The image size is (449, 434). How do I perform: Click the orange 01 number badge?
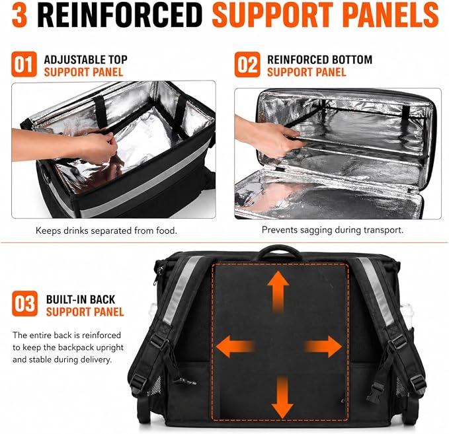[x=24, y=64]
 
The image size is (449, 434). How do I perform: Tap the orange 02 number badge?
[x=247, y=65]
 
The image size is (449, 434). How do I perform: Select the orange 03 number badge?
[x=24, y=304]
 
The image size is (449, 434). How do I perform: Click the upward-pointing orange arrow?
[x=278, y=292]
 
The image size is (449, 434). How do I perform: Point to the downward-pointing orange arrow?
[x=282, y=398]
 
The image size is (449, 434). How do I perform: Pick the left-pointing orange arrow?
[x=235, y=346]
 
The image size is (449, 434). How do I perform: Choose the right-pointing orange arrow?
[x=323, y=346]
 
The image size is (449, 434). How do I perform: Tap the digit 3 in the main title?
[x=19, y=15]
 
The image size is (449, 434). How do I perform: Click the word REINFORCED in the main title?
[x=120, y=15]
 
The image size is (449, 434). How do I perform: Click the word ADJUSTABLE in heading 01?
[x=70, y=59]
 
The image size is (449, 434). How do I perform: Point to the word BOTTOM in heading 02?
[x=348, y=59]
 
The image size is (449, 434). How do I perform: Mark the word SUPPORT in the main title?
[x=272, y=15]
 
